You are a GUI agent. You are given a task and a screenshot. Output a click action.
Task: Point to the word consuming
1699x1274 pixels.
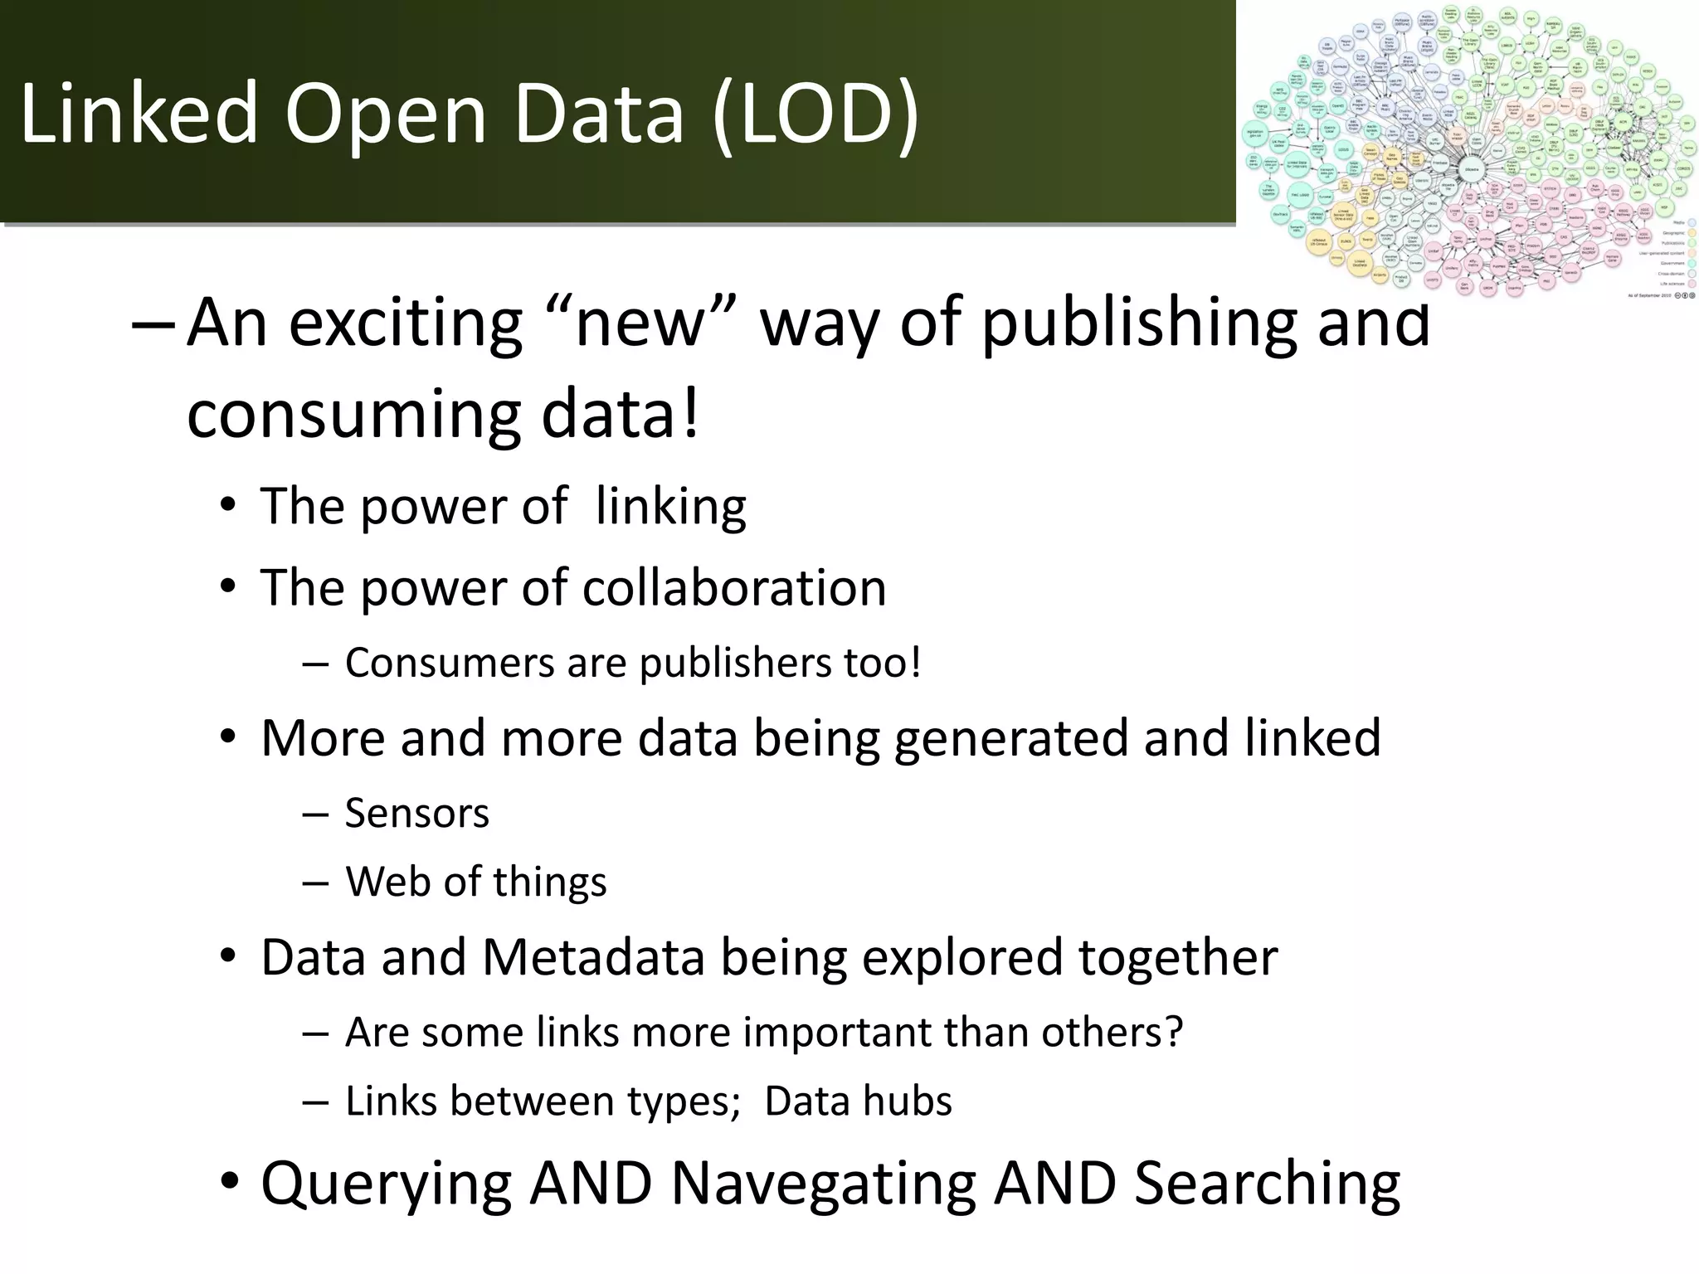[353, 415]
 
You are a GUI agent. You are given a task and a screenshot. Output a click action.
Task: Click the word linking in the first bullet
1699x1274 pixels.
[670, 507]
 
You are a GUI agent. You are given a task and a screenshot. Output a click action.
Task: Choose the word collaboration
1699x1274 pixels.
[734, 588]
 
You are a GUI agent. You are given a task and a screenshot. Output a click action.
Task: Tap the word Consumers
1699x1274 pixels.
[449, 663]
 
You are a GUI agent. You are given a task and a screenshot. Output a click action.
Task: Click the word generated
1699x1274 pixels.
[1011, 738]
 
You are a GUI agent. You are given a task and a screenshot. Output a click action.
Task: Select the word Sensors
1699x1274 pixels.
[416, 814]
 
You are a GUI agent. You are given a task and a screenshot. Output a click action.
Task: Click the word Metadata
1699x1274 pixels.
[592, 957]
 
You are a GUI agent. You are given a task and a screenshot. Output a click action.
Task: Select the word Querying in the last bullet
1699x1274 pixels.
[386, 1184]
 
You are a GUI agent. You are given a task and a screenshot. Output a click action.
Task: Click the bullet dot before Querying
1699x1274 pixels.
[230, 1181]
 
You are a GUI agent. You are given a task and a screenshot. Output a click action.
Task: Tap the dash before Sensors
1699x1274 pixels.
[314, 815]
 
